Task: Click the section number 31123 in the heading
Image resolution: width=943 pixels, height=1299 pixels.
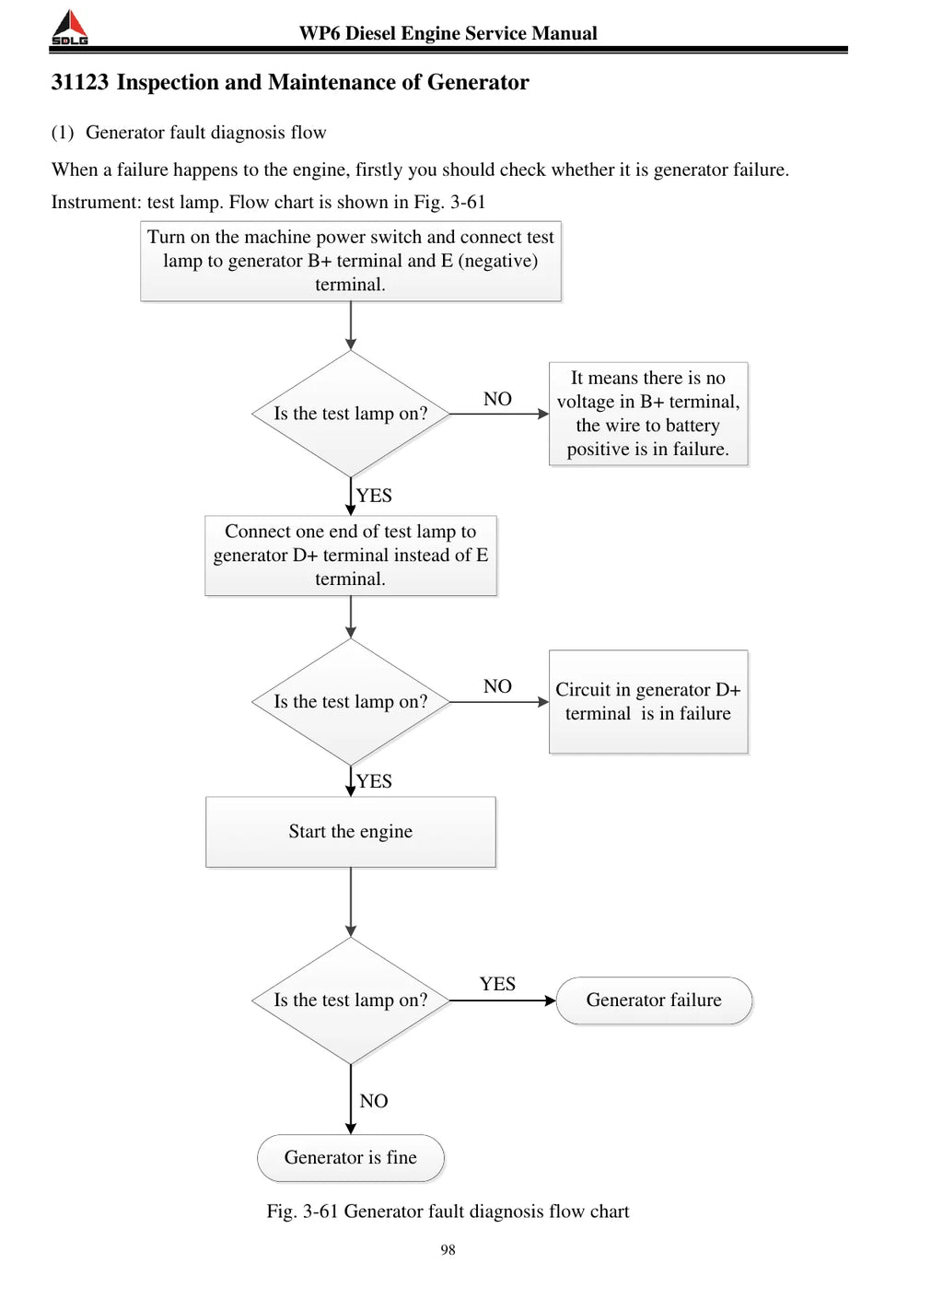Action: pyautogui.click(x=80, y=82)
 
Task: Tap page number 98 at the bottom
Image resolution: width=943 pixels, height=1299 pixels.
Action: pyautogui.click(x=448, y=1249)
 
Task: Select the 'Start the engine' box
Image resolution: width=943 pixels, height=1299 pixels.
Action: pyautogui.click(x=351, y=832)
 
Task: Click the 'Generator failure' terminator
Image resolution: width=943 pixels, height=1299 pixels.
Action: pyautogui.click(x=654, y=1000)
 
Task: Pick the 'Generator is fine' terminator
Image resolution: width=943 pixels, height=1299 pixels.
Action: pyautogui.click(x=351, y=1157)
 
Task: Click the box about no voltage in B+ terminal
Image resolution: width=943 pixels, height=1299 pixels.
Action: pyautogui.click(x=648, y=414)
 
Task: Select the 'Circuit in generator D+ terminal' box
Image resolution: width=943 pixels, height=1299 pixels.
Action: pyautogui.click(x=648, y=702)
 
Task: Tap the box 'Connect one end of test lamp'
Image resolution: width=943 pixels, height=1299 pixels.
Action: pyautogui.click(x=351, y=555)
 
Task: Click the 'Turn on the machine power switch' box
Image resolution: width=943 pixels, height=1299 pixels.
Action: pyautogui.click(x=351, y=261)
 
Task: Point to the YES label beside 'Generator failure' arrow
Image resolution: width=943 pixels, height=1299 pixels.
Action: pyautogui.click(x=497, y=984)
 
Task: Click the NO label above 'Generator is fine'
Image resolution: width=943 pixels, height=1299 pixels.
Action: pyautogui.click(x=373, y=1101)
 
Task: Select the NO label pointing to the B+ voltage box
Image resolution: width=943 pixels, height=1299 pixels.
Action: pyautogui.click(x=497, y=398)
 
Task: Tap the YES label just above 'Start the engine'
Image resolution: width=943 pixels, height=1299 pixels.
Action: pyautogui.click(x=374, y=781)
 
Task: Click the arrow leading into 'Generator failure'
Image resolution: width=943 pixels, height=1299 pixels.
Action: pyautogui.click(x=503, y=1001)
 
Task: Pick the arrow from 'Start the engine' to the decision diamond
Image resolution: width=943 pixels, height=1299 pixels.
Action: pyautogui.click(x=351, y=902)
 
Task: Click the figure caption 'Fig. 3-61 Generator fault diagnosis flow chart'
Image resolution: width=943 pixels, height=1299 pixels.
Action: pyautogui.click(x=448, y=1211)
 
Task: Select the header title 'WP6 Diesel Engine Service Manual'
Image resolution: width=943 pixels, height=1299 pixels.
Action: pyautogui.click(x=448, y=33)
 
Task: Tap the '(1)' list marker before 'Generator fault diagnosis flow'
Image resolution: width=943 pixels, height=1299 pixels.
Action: pyautogui.click(x=63, y=133)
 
